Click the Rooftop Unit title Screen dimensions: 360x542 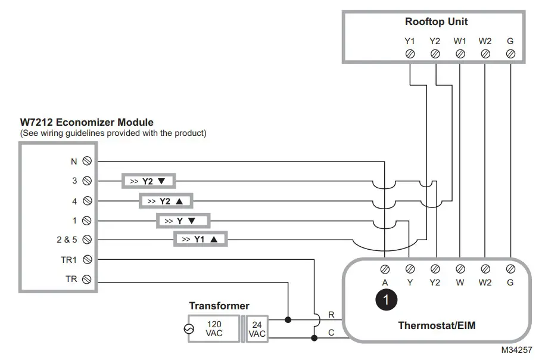[x=436, y=21]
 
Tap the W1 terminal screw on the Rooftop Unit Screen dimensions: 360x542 [x=460, y=54]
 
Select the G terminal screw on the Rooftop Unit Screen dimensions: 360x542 [x=510, y=54]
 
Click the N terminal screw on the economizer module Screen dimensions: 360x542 [x=87, y=161]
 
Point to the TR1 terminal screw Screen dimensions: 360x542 [x=87, y=259]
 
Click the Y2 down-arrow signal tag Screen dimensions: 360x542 [x=149, y=181]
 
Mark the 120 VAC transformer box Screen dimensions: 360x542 [x=214, y=328]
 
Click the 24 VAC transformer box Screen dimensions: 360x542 [x=257, y=329]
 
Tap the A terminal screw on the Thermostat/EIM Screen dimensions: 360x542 [x=385, y=269]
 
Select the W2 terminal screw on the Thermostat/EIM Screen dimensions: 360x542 [x=485, y=269]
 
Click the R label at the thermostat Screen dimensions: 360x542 [x=331, y=314]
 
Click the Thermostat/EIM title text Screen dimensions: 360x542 [x=437, y=325]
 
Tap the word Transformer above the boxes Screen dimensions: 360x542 [x=219, y=306]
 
